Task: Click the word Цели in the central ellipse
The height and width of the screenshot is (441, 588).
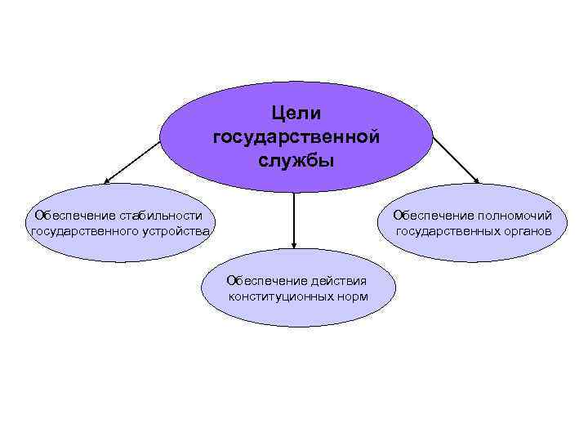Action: click(x=296, y=113)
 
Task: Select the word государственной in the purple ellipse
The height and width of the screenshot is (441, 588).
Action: click(x=296, y=136)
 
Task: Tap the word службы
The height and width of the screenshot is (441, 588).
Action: click(x=296, y=158)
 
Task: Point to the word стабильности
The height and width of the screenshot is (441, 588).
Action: click(x=161, y=216)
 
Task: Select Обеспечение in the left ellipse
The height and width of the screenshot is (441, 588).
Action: click(x=71, y=216)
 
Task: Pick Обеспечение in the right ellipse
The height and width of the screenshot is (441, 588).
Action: click(x=431, y=216)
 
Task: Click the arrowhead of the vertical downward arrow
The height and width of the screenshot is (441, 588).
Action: click(x=294, y=244)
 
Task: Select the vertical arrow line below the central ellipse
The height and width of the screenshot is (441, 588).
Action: click(x=294, y=216)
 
